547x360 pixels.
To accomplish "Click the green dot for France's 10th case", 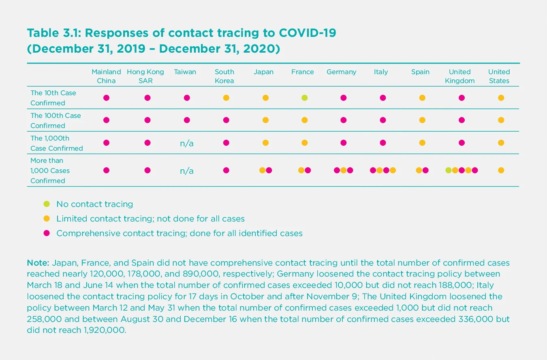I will (x=305, y=98).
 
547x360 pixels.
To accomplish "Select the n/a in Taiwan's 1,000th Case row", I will (x=186, y=143).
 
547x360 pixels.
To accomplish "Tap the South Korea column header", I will (x=224, y=76).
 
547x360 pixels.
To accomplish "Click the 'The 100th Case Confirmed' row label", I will (x=56, y=120).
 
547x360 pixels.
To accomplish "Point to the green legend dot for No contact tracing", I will (x=47, y=204).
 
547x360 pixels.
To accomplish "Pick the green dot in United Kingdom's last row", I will (x=449, y=170).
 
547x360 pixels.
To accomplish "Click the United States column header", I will (x=499, y=76).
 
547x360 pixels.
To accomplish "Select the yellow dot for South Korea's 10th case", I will (x=226, y=98).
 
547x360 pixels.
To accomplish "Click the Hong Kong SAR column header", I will (x=145, y=76).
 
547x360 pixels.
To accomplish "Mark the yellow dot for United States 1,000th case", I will (x=501, y=143).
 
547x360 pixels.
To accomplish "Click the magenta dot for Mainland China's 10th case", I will (x=107, y=98).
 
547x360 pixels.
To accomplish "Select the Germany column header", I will (x=341, y=72).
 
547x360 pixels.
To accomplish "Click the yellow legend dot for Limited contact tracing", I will (x=47, y=218).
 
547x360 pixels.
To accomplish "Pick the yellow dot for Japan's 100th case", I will (x=265, y=120).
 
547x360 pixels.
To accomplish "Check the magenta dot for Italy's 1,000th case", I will (x=383, y=143).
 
